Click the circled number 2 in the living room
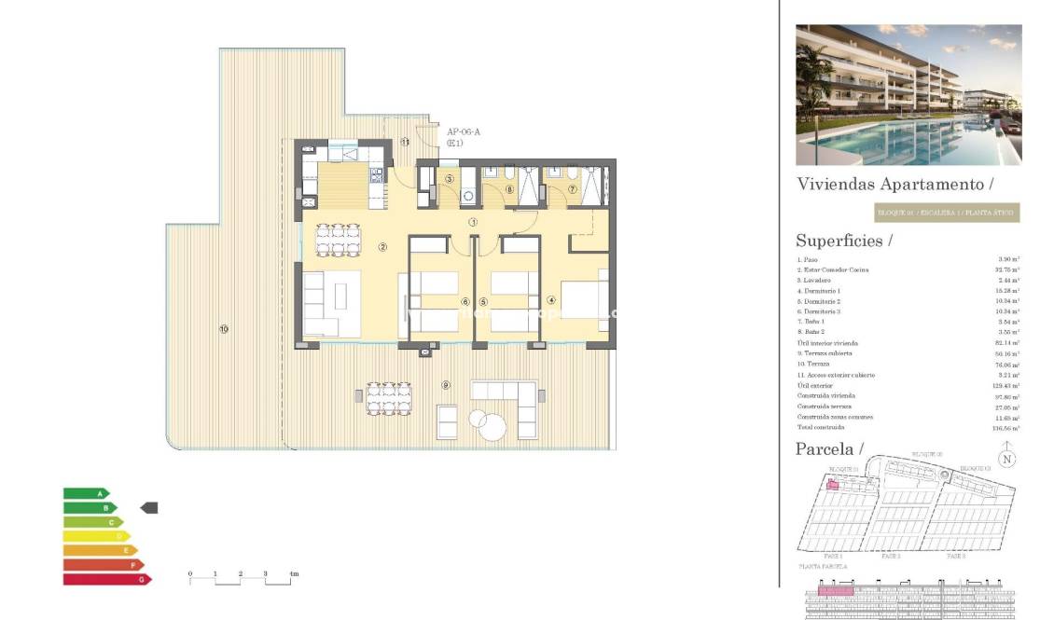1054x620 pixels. (382, 247)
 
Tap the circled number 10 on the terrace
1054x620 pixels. (224, 328)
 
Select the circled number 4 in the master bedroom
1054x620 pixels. (551, 300)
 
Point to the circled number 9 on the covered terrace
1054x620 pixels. (447, 385)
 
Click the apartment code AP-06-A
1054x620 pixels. (464, 132)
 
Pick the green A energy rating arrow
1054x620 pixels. (85, 493)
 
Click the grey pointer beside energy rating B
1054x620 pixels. (149, 507)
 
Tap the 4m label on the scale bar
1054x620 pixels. (293, 573)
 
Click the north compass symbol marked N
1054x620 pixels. (1005, 458)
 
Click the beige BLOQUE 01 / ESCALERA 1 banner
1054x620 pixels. (947, 213)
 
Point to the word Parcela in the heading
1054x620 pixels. (824, 448)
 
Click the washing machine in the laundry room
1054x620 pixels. (468, 196)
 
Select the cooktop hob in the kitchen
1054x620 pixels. (378, 174)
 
